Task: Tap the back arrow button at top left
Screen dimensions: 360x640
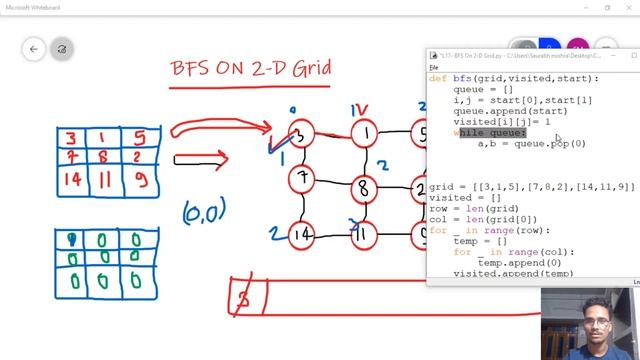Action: [x=34, y=48]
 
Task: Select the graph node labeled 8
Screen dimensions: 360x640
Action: [x=363, y=186]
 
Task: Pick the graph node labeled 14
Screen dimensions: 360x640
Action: [x=302, y=234]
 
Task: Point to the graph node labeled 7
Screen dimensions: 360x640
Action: [x=301, y=179]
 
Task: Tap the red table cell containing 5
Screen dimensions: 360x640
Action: [x=139, y=138]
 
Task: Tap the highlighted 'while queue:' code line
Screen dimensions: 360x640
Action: [x=490, y=133]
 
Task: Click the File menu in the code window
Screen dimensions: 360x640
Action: [x=434, y=66]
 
